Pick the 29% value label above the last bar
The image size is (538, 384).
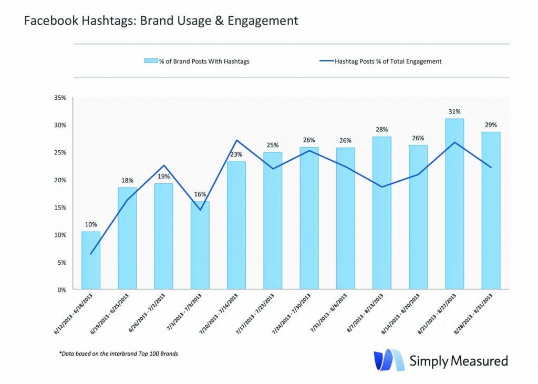pos(491,125)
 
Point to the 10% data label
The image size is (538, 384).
pos(91,224)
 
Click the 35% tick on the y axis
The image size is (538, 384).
pos(59,98)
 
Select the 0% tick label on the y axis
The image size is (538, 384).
pos(61,289)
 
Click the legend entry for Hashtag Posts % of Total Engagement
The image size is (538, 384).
pos(381,61)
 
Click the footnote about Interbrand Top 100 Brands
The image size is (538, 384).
pos(118,354)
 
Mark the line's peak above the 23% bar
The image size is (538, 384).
pos(236,140)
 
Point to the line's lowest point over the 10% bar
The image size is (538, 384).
pos(91,254)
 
